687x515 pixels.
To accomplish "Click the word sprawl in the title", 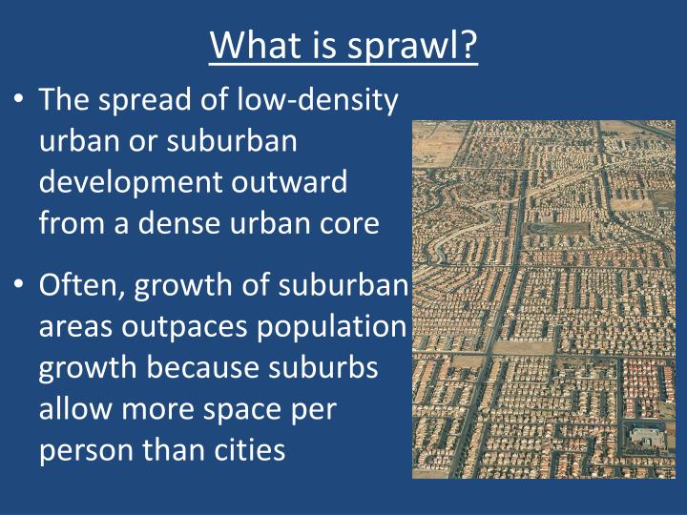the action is pyautogui.click(x=402, y=46).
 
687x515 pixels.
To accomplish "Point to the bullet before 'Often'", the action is pyautogui.click(x=18, y=284).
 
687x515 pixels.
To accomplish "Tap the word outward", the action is pyautogui.click(x=289, y=181).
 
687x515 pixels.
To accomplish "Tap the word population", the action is pyautogui.click(x=332, y=327).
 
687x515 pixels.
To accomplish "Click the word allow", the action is pyautogui.click(x=75, y=408).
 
